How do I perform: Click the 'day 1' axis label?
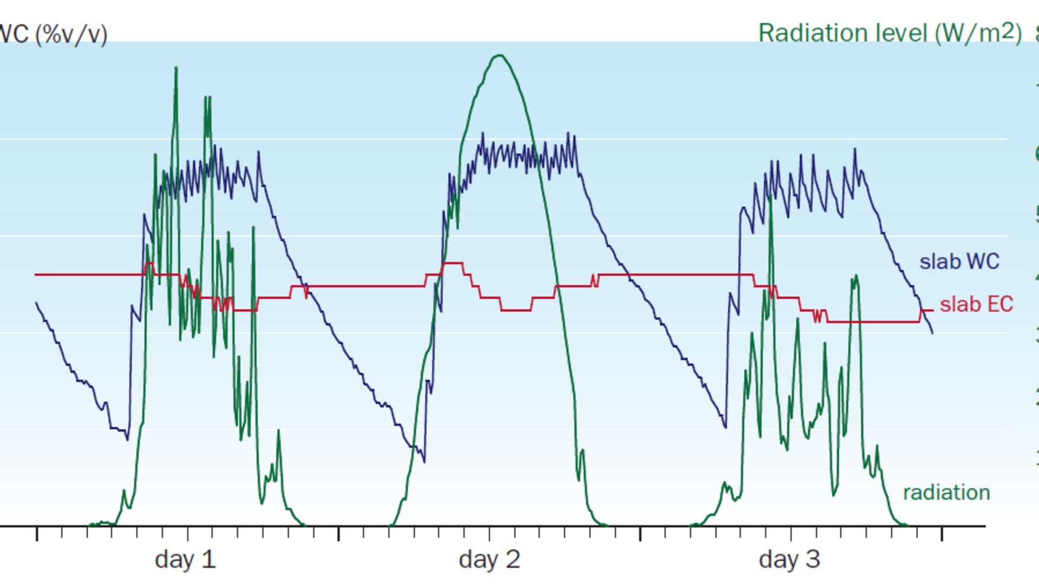(185, 560)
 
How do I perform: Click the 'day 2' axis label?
(489, 560)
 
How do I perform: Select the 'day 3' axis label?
(789, 560)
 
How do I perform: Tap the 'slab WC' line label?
(959, 262)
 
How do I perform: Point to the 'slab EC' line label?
(976, 304)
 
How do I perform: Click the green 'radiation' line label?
(946, 493)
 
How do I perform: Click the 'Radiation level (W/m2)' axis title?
(890, 34)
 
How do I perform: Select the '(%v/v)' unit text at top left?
(71, 35)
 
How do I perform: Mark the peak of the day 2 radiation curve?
(499, 55)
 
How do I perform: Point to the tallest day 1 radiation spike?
(176, 68)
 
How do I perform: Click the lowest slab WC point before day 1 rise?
(127, 439)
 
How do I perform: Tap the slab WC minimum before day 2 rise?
(424, 461)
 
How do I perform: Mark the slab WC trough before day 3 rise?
(726, 427)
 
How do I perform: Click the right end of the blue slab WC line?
(932, 333)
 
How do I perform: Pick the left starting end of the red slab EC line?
(36, 275)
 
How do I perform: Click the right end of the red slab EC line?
(932, 310)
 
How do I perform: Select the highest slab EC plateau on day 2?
(453, 263)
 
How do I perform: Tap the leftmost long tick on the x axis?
(37, 533)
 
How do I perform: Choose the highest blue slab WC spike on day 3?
(855, 149)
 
